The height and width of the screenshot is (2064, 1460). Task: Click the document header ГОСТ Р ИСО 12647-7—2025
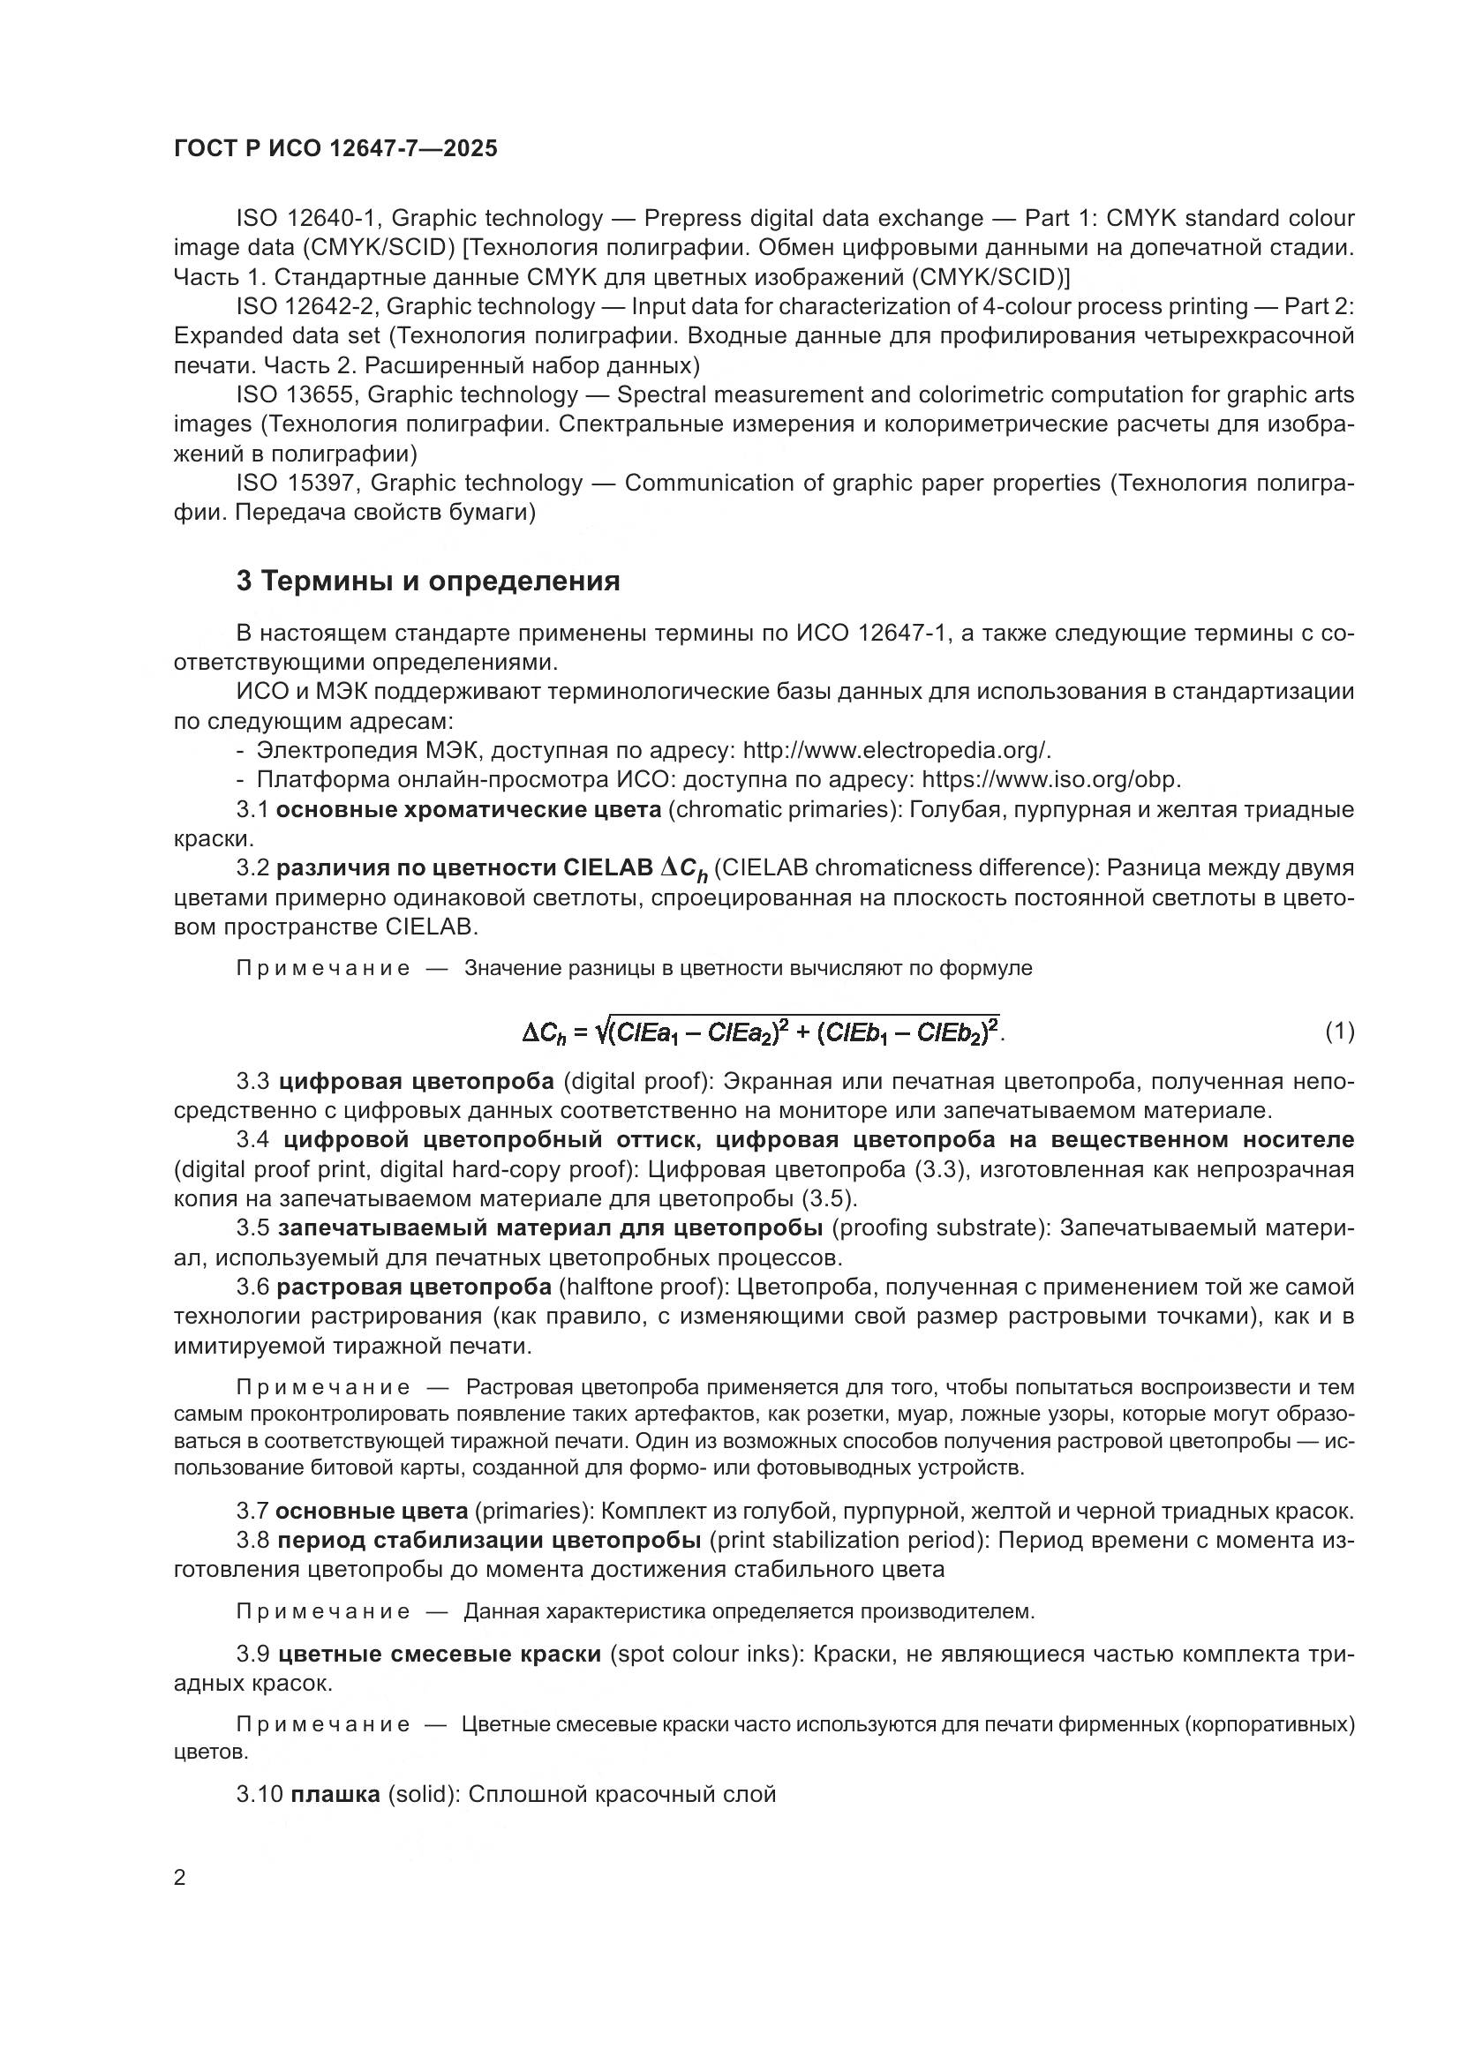[335, 148]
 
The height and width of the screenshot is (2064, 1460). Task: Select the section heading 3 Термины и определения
[428, 582]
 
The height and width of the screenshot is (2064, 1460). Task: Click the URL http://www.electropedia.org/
[896, 750]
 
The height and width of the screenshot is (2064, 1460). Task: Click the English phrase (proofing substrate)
[941, 1227]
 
